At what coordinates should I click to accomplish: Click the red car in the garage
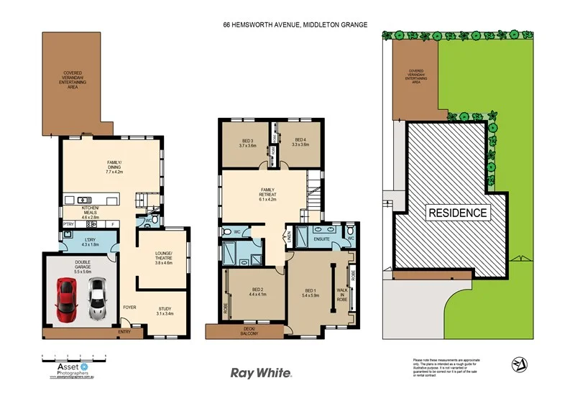[65, 300]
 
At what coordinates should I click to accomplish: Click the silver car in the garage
[97, 299]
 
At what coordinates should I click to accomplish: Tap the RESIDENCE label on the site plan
[458, 213]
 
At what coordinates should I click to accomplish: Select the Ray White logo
[260, 372]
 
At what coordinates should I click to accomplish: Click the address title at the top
[295, 24]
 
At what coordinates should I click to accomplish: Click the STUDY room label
[165, 311]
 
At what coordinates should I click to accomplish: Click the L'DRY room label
[91, 242]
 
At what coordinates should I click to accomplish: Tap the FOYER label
[129, 307]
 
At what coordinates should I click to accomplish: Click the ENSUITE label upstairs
[321, 239]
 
